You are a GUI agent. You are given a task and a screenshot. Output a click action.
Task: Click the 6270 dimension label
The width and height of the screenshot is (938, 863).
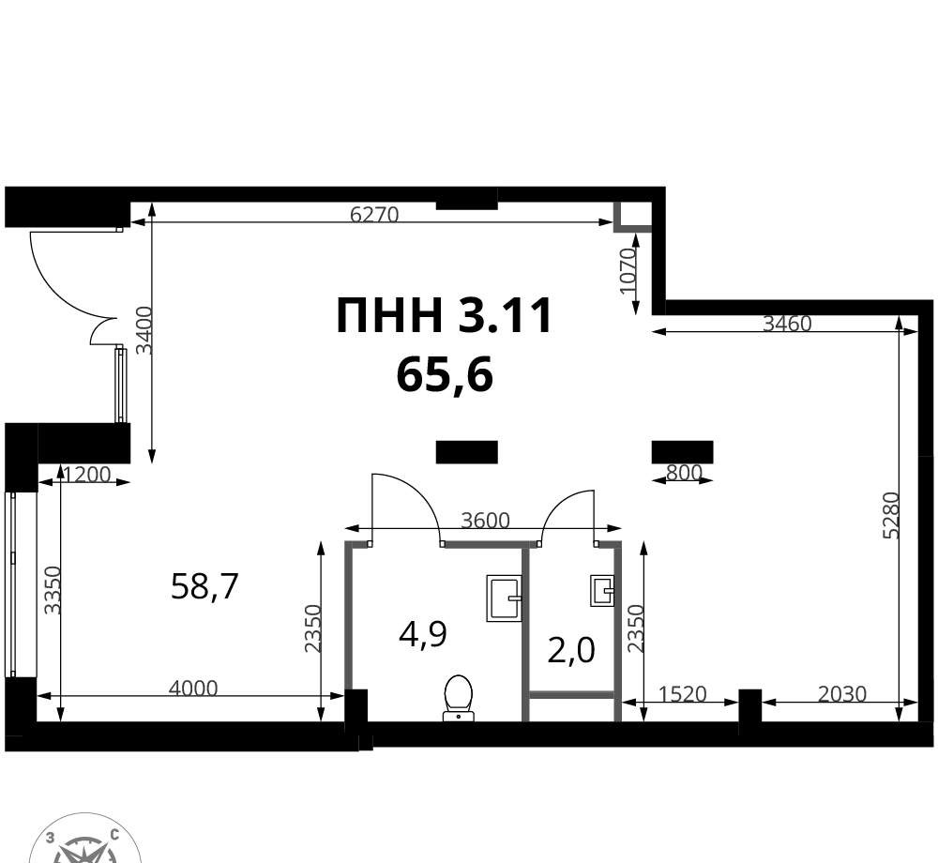(x=374, y=214)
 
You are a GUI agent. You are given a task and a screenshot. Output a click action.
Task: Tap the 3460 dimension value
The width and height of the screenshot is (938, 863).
(x=787, y=324)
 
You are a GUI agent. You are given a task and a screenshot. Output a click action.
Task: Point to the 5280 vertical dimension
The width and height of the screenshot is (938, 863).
(x=891, y=515)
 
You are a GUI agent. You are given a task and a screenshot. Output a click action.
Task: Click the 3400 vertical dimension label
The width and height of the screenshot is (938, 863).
(x=144, y=330)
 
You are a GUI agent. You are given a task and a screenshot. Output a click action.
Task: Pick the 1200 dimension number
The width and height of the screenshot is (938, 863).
(x=86, y=475)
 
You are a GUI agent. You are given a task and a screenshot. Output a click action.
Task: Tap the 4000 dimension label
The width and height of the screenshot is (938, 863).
(x=193, y=689)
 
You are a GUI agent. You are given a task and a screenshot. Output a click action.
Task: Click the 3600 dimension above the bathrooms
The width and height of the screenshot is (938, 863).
(x=485, y=521)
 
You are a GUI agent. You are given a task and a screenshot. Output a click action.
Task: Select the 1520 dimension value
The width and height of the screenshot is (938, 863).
(x=683, y=694)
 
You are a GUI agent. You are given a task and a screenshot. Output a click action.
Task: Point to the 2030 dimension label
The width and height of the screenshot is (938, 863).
(x=842, y=694)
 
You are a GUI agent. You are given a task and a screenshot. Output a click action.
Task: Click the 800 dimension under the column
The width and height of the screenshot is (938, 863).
(x=684, y=473)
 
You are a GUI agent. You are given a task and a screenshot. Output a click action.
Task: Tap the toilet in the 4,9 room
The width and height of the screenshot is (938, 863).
(x=459, y=697)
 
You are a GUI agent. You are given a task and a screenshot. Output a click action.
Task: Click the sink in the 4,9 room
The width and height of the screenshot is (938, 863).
(x=504, y=598)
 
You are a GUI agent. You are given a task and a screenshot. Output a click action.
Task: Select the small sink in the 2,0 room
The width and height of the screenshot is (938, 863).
(x=602, y=591)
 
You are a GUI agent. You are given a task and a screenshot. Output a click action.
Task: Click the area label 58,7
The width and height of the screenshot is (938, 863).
(x=204, y=586)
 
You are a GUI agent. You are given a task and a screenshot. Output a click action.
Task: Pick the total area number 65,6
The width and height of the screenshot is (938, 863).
(x=445, y=375)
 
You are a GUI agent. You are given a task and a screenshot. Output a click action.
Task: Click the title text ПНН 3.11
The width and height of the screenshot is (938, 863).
(x=444, y=315)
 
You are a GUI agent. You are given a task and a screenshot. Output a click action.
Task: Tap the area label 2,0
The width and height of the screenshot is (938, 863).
(x=571, y=651)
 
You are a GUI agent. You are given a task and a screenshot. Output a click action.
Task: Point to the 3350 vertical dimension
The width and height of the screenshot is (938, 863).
(x=53, y=590)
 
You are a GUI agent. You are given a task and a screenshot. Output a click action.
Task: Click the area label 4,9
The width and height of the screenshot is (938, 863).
(x=423, y=634)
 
